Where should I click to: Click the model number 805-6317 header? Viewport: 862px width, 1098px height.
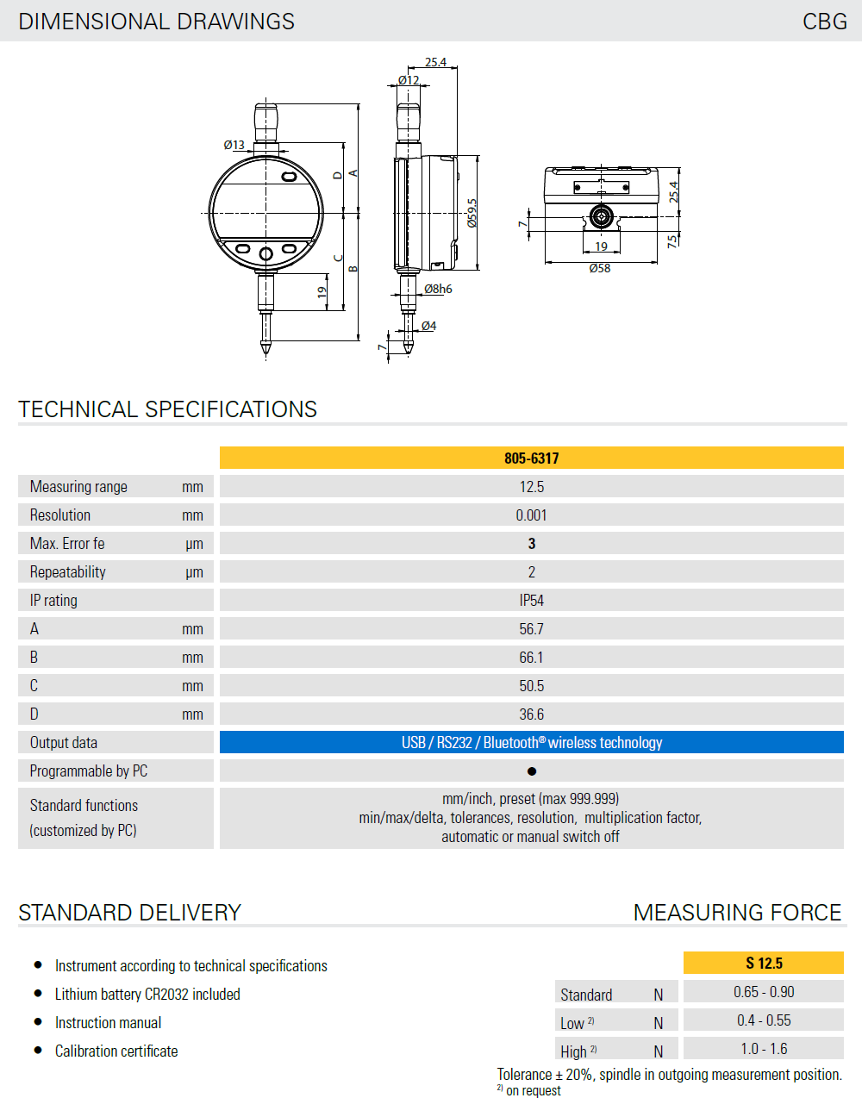[531, 458]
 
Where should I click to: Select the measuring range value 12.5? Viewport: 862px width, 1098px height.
[531, 486]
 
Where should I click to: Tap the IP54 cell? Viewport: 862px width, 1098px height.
[531, 600]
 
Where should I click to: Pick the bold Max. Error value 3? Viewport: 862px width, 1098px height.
[531, 543]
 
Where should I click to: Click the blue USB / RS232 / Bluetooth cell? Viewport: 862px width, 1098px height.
[531, 742]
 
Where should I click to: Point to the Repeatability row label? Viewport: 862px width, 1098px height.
[68, 571]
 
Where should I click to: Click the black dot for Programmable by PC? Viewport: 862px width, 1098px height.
[531, 771]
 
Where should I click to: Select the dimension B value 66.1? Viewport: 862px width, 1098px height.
[531, 657]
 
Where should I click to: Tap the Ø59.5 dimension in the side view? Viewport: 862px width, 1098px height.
[472, 213]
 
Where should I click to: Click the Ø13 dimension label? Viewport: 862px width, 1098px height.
[234, 145]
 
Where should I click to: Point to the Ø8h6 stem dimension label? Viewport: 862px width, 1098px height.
[438, 289]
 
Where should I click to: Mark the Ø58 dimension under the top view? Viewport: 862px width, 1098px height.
[600, 269]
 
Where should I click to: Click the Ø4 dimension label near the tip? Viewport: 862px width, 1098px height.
[428, 326]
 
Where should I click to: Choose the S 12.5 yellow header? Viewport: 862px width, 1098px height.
[764, 963]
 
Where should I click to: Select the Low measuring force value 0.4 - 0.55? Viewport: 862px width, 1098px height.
[764, 1020]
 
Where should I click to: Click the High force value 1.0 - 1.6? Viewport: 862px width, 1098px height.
[764, 1048]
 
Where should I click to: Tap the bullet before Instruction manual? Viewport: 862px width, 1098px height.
[38, 1021]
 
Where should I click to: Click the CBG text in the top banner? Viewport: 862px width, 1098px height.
[824, 21]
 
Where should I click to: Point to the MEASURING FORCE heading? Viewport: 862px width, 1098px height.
[737, 912]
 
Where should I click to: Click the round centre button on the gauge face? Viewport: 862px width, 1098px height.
[265, 253]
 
